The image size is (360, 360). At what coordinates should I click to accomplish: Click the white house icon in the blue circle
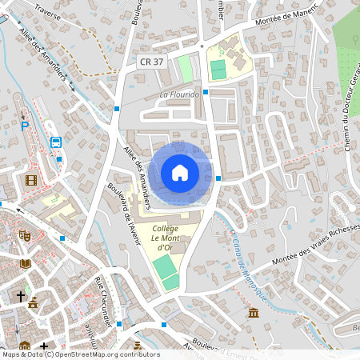[x=180, y=173]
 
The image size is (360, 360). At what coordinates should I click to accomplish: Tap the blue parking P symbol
[x=25, y=125]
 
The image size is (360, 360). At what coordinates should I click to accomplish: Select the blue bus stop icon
[x=56, y=142]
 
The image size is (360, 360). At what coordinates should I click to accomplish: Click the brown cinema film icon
[x=30, y=180]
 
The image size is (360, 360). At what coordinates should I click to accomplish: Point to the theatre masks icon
[x=25, y=236]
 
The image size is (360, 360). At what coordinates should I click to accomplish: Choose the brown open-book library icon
[x=26, y=263]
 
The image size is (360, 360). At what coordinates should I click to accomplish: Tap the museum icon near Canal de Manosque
[x=254, y=311]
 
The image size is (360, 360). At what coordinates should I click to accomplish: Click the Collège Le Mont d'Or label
[x=164, y=239]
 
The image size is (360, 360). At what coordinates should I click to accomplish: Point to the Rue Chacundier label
[x=102, y=299]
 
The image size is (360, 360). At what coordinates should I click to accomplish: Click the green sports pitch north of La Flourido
[x=218, y=70]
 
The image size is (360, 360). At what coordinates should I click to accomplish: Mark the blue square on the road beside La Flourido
[x=206, y=92]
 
